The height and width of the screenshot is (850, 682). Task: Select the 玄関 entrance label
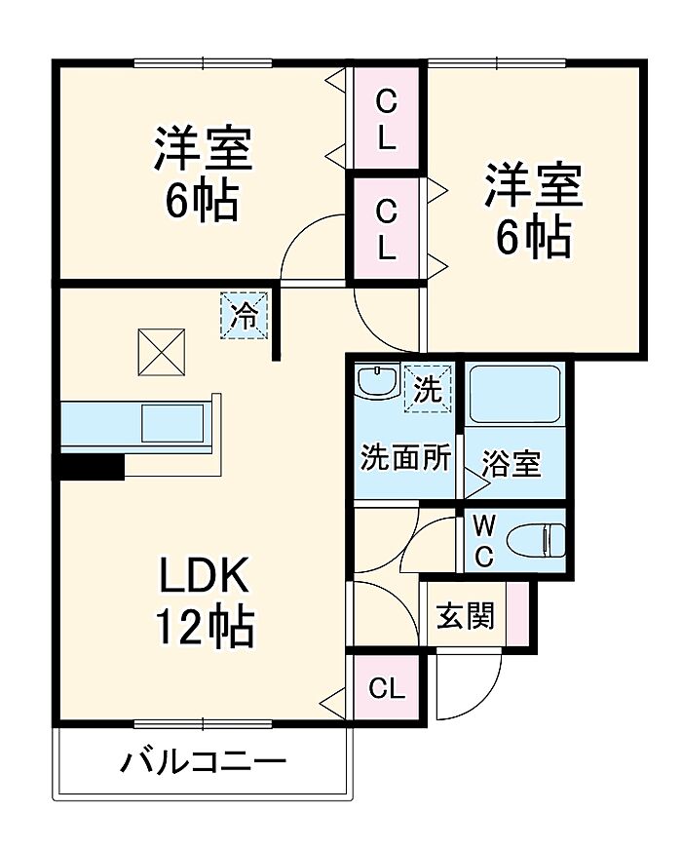[466, 615]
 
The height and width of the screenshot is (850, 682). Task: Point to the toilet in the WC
[536, 540]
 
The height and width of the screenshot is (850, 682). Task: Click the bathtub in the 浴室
[514, 394]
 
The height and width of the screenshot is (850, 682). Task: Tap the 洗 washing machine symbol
[428, 389]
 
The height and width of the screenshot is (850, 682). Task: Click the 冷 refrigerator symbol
[244, 316]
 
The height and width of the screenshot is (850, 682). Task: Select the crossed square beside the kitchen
[162, 352]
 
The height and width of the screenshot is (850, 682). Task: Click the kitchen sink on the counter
[173, 423]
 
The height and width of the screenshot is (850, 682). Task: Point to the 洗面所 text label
[405, 458]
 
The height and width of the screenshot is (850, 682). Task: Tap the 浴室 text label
[511, 463]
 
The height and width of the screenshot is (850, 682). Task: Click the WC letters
[484, 540]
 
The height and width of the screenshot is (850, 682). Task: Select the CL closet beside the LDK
[386, 688]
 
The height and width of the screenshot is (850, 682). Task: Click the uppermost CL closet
[386, 118]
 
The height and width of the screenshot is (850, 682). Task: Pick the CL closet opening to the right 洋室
[386, 229]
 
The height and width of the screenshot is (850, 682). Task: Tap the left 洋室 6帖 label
[203, 173]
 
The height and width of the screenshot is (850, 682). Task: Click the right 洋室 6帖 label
[534, 209]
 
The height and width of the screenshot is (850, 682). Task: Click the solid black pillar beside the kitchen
[89, 466]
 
